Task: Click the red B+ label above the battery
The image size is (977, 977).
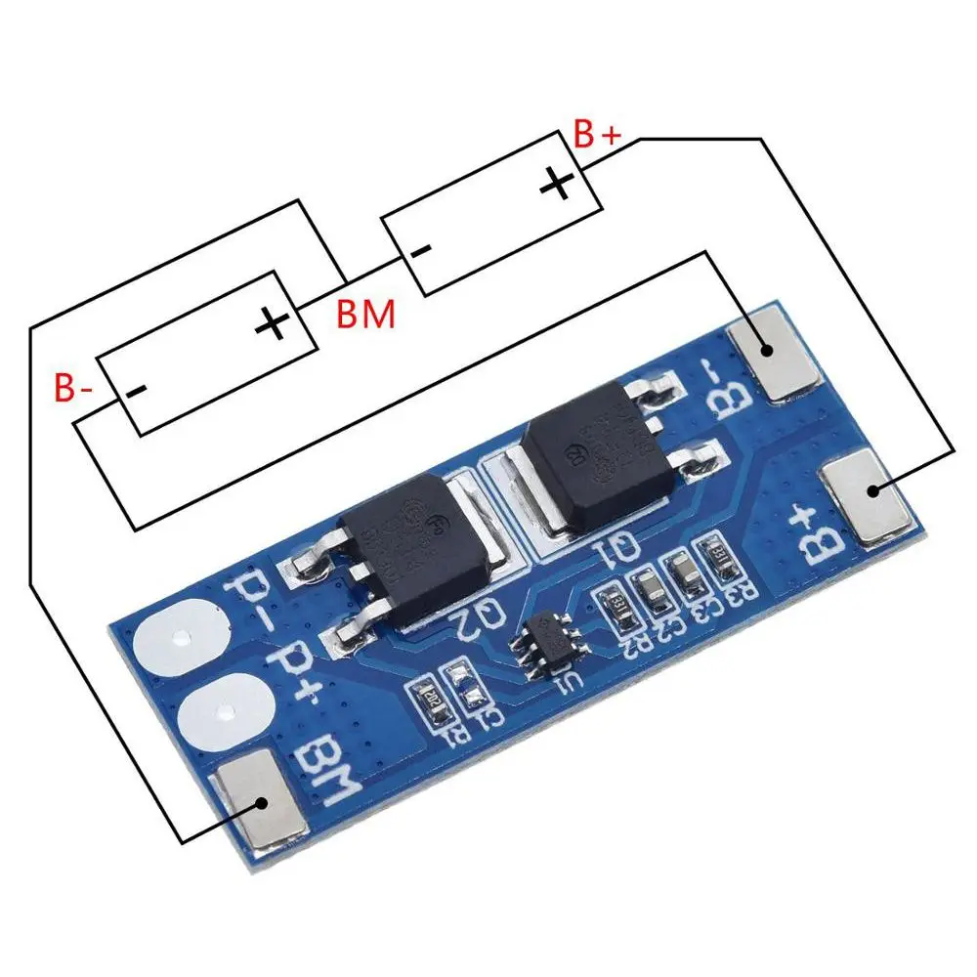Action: (596, 136)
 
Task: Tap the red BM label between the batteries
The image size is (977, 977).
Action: (365, 316)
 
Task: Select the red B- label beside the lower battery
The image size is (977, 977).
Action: (73, 389)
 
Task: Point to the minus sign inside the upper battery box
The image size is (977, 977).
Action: (420, 250)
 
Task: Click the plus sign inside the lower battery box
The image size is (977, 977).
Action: (275, 322)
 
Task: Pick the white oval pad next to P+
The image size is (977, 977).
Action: (227, 710)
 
